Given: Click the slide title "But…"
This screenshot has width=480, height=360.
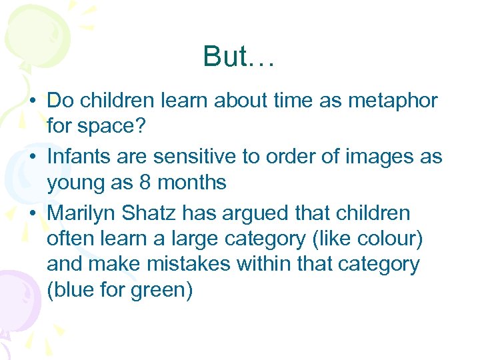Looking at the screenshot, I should [x=239, y=57].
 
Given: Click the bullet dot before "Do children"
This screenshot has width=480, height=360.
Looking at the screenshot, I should [x=32, y=101].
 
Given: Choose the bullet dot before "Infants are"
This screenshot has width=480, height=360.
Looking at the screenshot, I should [x=32, y=157].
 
